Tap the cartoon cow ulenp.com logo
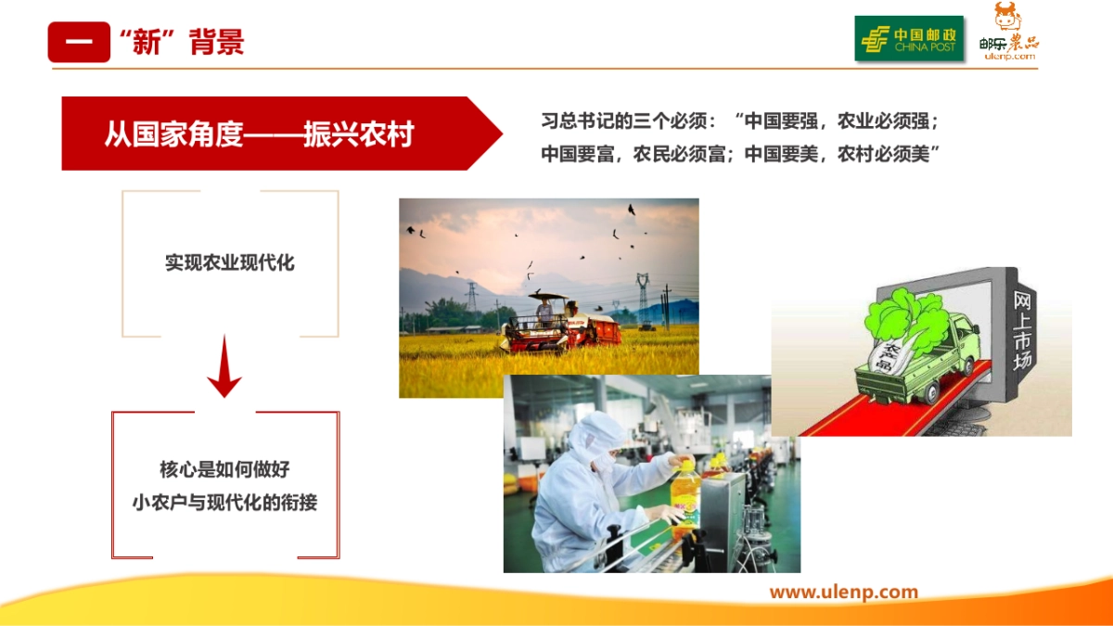click(x=1008, y=34)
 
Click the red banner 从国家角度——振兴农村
click(x=260, y=134)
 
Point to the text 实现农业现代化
click(x=230, y=262)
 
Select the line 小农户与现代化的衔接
click(x=224, y=503)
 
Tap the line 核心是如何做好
click(x=224, y=469)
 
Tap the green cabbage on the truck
click(x=904, y=315)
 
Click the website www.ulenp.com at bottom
click(x=843, y=592)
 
